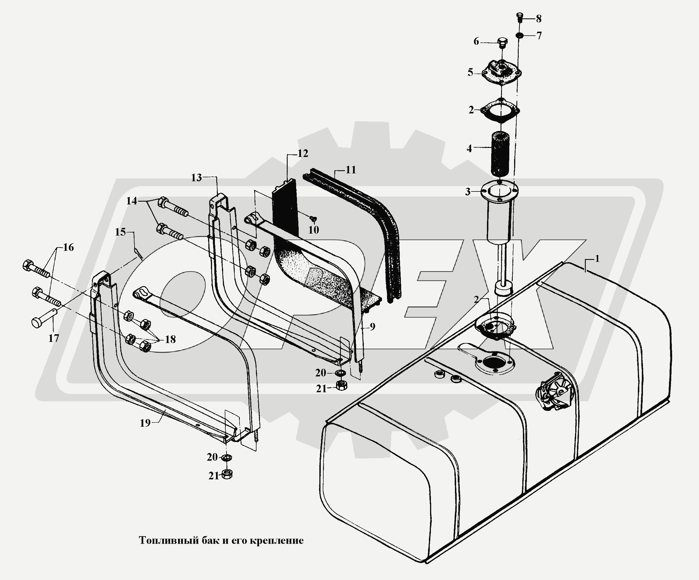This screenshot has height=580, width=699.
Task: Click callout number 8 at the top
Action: pos(538,19)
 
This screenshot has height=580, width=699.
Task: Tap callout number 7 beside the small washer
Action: pos(539,35)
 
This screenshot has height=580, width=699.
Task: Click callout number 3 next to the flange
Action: pos(468,192)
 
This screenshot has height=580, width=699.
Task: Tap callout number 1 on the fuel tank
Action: pos(597,258)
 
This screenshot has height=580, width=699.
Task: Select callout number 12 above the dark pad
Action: pos(303,153)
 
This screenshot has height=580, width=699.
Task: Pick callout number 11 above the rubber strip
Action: pos(350,170)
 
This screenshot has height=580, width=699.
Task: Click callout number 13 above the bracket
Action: pos(196,178)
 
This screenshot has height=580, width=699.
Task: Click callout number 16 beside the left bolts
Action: pos(68,247)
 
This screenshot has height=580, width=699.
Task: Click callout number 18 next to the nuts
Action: pos(170,339)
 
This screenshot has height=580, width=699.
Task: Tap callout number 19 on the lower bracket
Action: pos(145,423)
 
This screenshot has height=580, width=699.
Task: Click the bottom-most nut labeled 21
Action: pos(227,474)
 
